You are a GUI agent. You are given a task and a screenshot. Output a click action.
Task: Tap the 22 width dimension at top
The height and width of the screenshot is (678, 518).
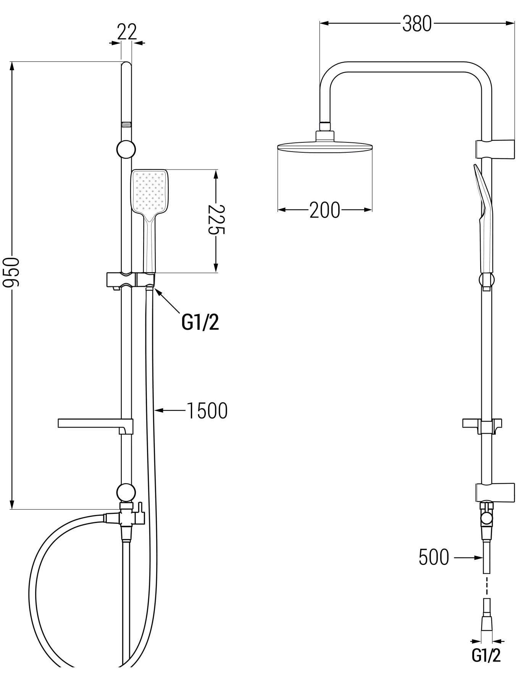click(127, 32)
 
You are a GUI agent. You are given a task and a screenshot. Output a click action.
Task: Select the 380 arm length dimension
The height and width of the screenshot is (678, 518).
click(417, 24)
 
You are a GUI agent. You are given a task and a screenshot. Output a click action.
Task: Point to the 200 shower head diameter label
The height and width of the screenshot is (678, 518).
click(324, 210)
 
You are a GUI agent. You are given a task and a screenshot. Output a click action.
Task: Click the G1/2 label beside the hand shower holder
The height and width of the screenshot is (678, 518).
click(200, 323)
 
